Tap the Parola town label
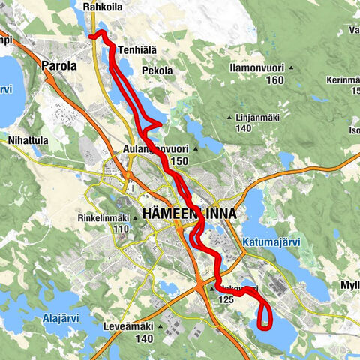[x=60, y=66]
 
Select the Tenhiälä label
[x=137, y=50]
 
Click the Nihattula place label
[x=27, y=139]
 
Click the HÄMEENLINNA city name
[x=188, y=214]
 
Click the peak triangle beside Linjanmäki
[x=229, y=118]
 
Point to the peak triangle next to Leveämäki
[x=160, y=327]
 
